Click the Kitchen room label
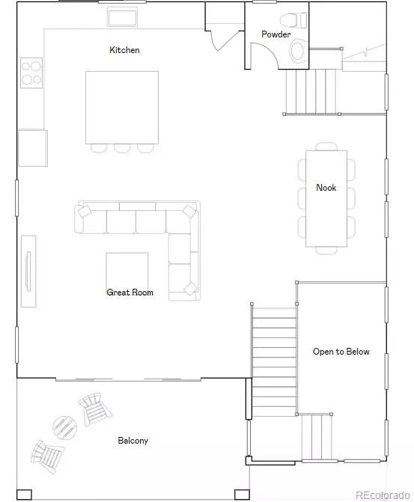click(124, 50)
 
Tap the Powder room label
click(276, 34)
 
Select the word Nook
click(326, 188)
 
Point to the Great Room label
click(130, 293)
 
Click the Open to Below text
click(341, 352)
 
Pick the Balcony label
click(133, 441)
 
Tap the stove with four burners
click(31, 73)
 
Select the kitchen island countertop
click(121, 106)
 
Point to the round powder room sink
click(297, 51)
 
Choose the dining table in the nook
click(326, 198)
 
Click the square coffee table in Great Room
click(127, 275)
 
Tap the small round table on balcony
click(65, 428)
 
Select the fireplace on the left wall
click(28, 271)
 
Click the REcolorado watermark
click(382, 494)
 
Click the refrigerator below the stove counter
click(32, 147)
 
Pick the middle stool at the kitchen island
click(122, 147)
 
